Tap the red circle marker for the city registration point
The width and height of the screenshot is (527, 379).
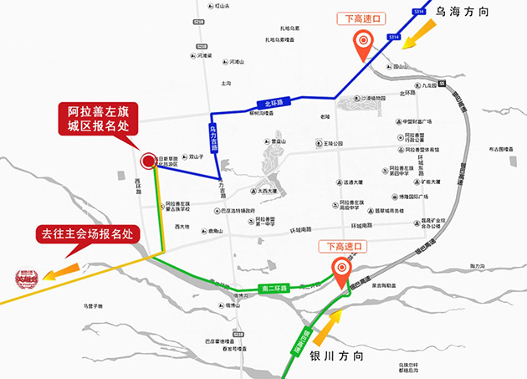pos(149,161)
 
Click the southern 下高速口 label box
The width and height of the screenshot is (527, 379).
pos(342,247)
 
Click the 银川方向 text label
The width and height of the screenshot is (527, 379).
pos(337,356)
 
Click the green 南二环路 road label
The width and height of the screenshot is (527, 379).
pos(274,289)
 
